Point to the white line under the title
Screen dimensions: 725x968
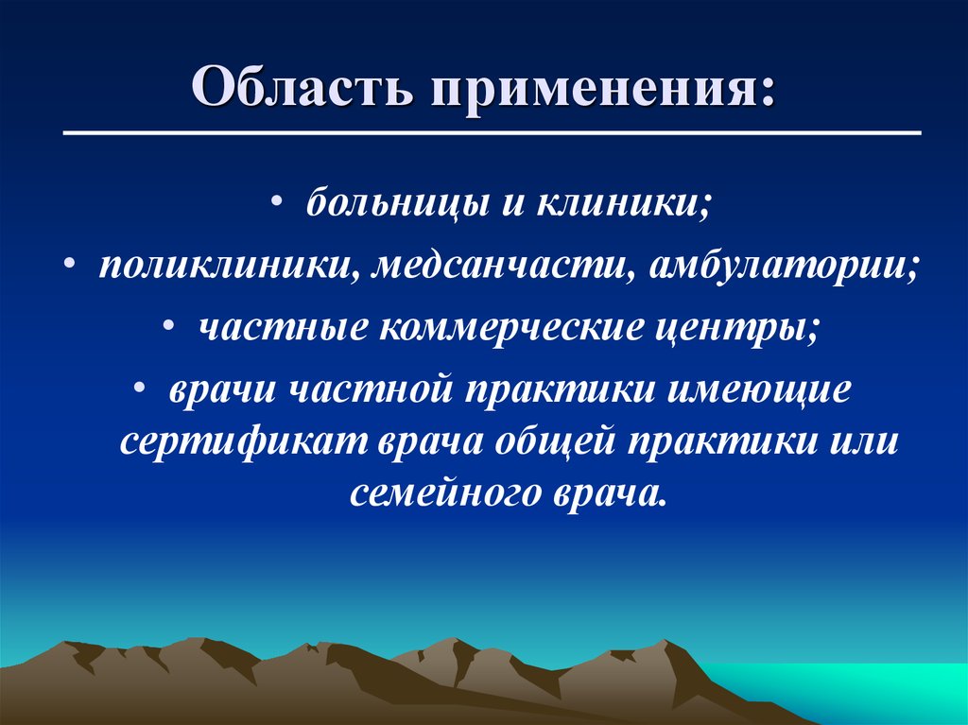[x=492, y=133]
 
